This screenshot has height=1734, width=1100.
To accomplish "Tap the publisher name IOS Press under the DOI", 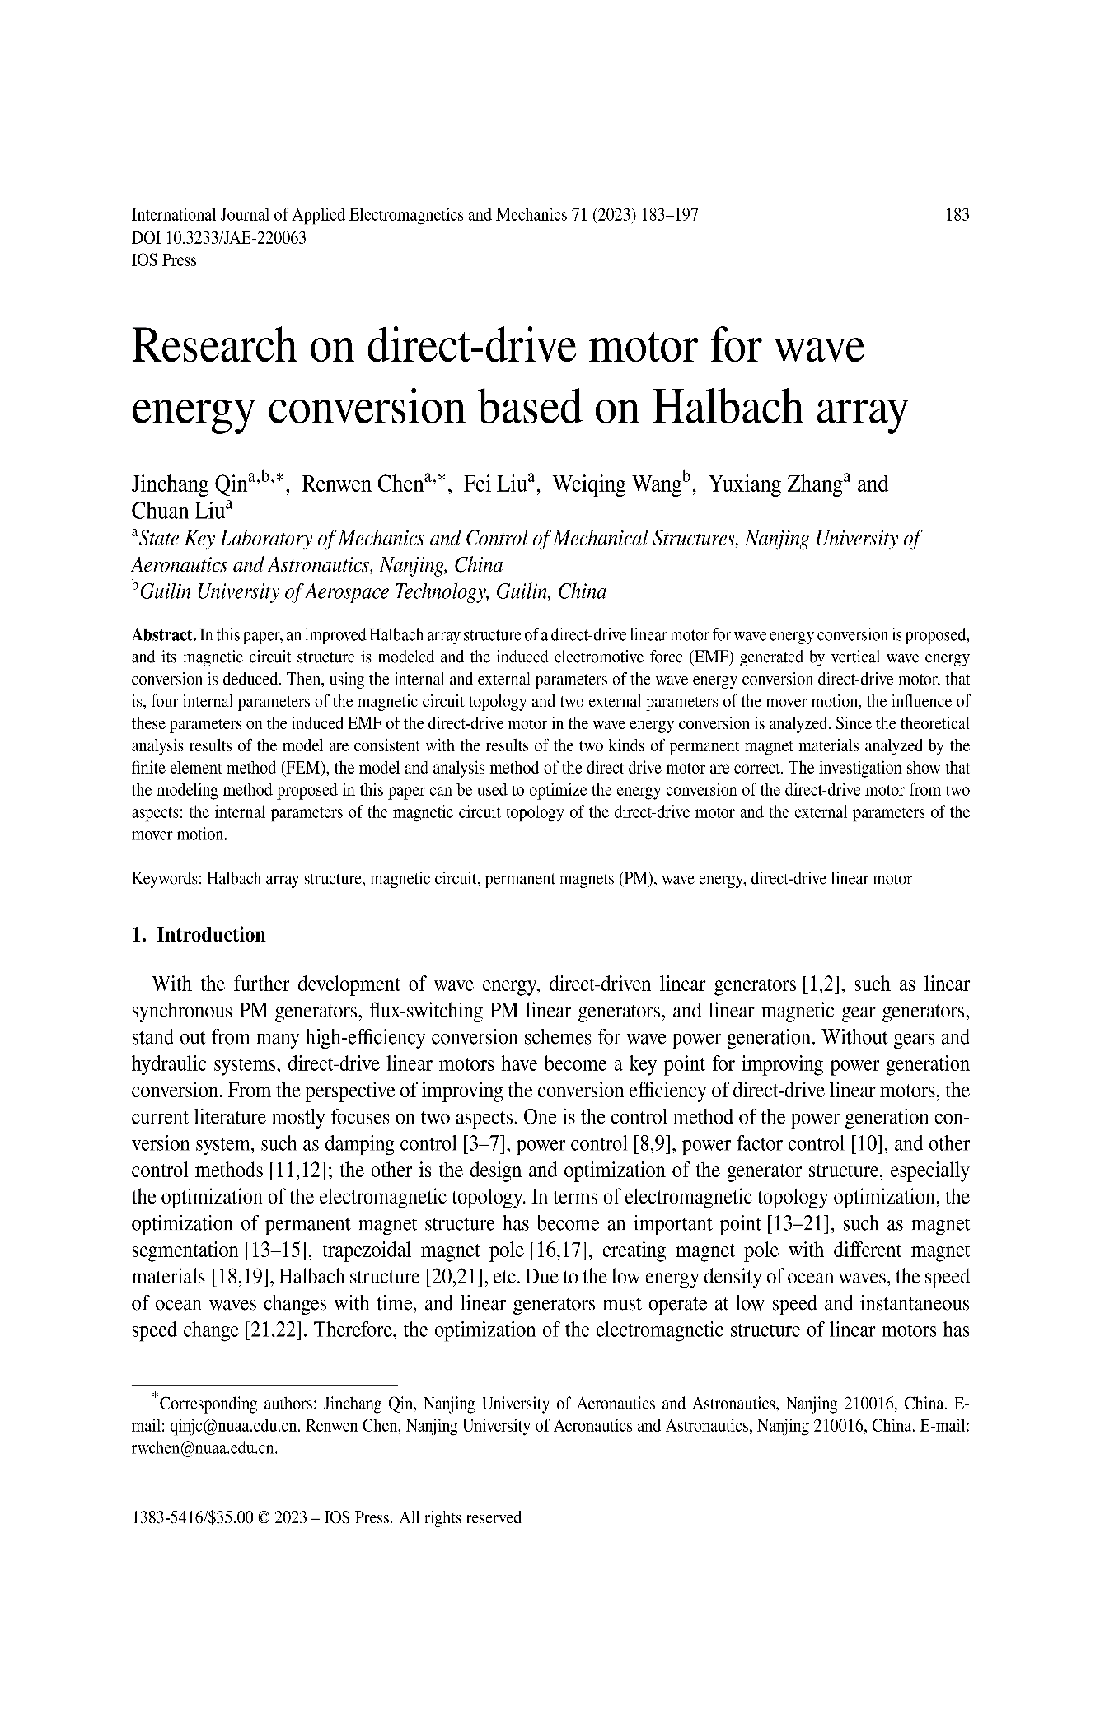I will coord(164,260).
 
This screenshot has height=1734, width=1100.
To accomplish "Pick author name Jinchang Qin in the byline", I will coord(183,484).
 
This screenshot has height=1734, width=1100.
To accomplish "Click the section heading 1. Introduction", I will coord(199,935).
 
